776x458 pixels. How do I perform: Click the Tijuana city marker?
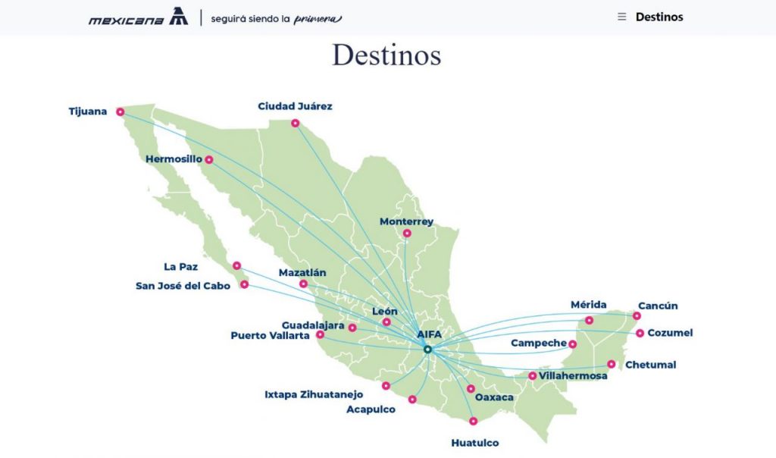tap(120, 112)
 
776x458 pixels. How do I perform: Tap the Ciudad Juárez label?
tap(295, 106)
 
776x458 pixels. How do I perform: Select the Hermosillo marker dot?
tap(208, 160)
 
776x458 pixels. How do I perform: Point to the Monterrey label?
tap(406, 221)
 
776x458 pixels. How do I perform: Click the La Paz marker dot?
tap(237, 266)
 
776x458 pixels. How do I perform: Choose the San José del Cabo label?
tap(183, 286)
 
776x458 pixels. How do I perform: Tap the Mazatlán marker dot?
tap(303, 284)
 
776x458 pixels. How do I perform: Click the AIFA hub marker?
tap(427, 350)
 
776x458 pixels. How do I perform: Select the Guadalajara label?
tap(314, 325)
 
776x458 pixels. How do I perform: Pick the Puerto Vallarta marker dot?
tap(320, 334)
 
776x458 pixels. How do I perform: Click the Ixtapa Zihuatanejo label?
tap(314, 394)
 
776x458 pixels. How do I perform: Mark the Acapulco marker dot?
tap(412, 400)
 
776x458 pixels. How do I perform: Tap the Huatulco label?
tap(475, 443)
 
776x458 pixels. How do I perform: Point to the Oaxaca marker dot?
tap(471, 389)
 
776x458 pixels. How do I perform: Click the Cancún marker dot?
tap(637, 316)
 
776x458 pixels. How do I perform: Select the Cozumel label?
tap(670, 333)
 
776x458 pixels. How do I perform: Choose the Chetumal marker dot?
tap(612, 365)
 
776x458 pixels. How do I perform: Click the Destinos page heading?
tap(386, 55)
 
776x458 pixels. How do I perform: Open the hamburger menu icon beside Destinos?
tap(622, 17)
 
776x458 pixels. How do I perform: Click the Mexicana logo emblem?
tap(179, 17)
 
